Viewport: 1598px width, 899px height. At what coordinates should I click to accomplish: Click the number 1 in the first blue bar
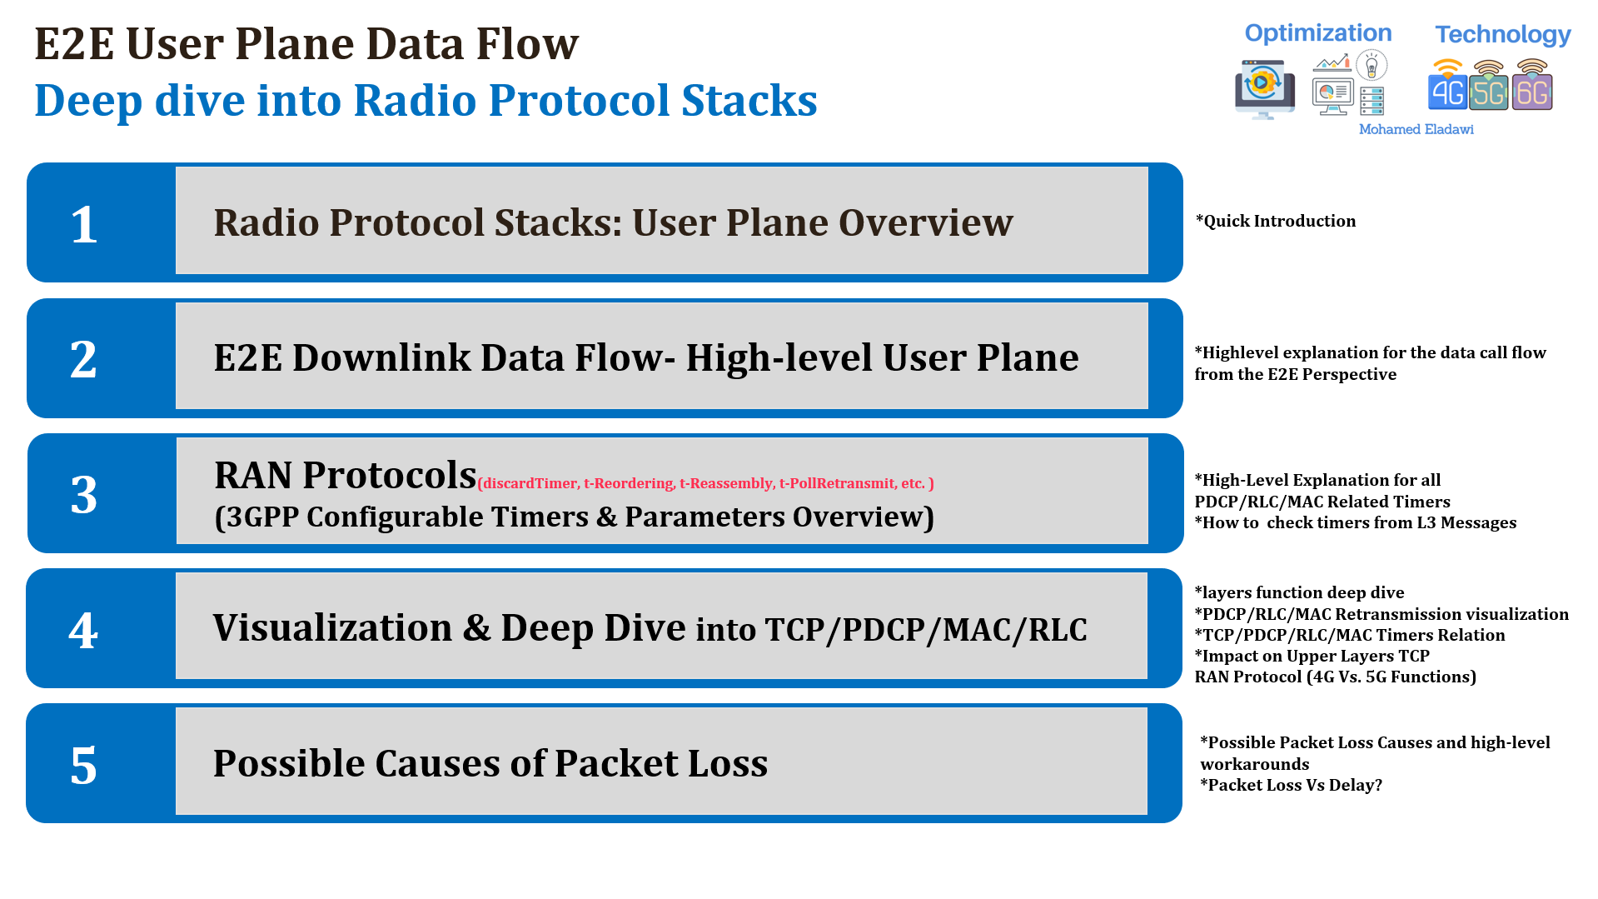(x=83, y=224)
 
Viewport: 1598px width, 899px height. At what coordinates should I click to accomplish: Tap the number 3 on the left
(x=83, y=495)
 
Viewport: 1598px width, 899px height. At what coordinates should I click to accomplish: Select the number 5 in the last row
(x=83, y=765)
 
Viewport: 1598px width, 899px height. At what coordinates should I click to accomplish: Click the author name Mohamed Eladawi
(x=1416, y=129)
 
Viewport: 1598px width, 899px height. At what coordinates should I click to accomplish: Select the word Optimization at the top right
(x=1317, y=33)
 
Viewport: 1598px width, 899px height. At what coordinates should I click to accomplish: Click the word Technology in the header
(x=1502, y=35)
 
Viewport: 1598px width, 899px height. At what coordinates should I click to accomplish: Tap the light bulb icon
(x=1371, y=65)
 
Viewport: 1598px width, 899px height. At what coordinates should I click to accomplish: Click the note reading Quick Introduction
(x=1276, y=221)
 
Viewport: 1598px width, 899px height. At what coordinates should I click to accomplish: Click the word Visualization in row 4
(x=332, y=627)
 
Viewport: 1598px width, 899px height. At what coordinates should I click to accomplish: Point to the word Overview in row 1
(x=925, y=222)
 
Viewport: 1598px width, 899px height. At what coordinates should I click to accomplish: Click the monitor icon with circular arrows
(x=1264, y=87)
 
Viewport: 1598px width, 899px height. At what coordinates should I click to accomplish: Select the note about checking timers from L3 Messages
(x=1356, y=522)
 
